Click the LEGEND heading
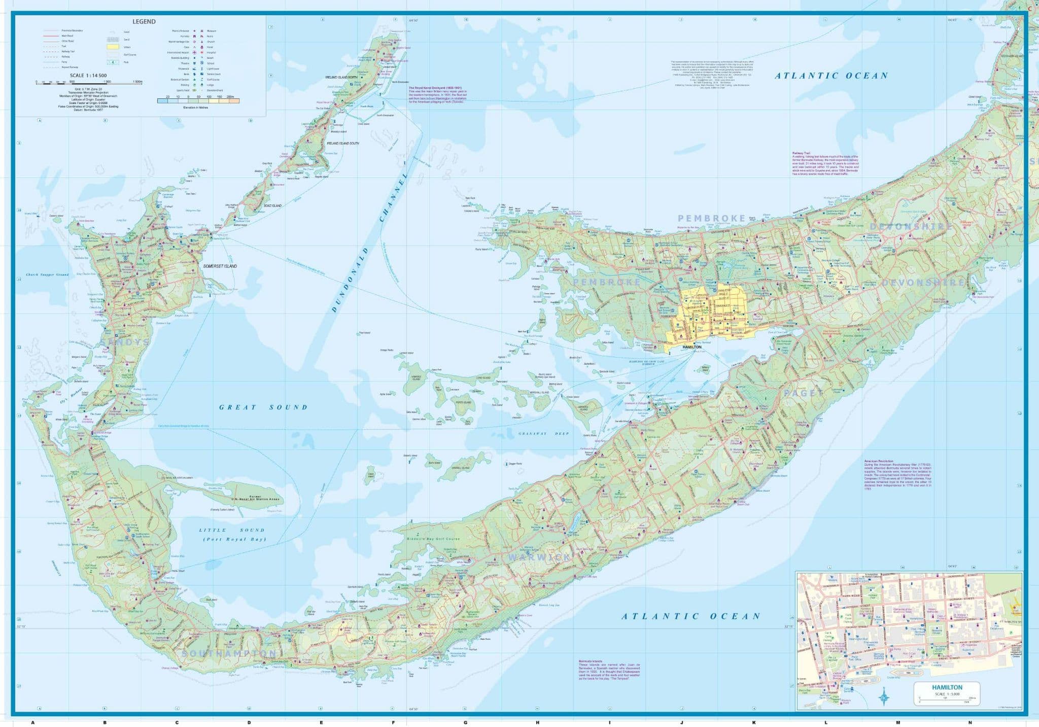[x=144, y=22]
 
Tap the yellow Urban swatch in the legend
[x=112, y=47]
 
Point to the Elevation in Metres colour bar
[x=198, y=101]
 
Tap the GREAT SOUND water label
[x=263, y=407]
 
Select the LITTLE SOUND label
[x=232, y=530]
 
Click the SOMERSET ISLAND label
[x=220, y=266]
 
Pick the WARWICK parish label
[x=539, y=557]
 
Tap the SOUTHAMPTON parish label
[x=229, y=653]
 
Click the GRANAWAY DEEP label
[x=543, y=434]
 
